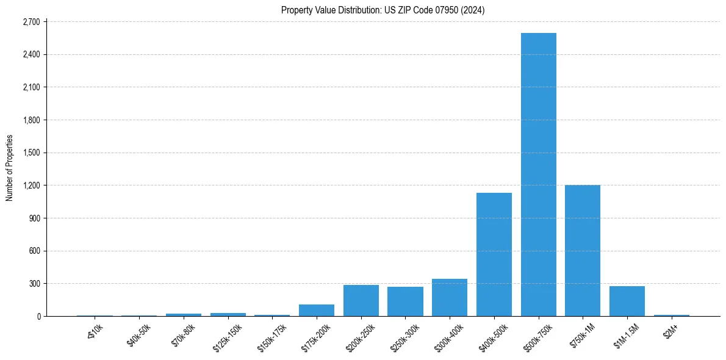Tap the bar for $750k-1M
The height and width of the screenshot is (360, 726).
click(x=583, y=251)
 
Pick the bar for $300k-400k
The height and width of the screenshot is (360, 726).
click(x=450, y=298)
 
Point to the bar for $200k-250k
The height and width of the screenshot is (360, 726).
click(x=361, y=301)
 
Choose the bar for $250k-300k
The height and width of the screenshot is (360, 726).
click(x=405, y=301)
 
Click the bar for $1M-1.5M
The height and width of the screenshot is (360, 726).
click(x=627, y=301)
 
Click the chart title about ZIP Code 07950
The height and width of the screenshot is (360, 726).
click(x=383, y=10)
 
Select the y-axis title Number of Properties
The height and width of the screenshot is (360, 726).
click(x=10, y=168)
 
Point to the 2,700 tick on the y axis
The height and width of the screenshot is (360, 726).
click(x=31, y=22)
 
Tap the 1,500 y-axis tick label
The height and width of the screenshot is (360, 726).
click(x=31, y=153)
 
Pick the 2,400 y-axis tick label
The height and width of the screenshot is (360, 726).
click(x=31, y=55)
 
